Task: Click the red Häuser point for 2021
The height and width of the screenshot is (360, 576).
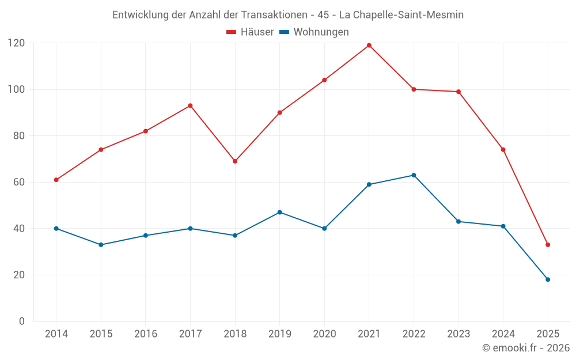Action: click(369, 46)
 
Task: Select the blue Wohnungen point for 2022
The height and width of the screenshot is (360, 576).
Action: click(414, 175)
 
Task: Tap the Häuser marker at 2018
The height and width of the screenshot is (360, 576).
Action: click(235, 161)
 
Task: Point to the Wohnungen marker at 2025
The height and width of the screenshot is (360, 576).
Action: click(548, 279)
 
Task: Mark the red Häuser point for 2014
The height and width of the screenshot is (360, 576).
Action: click(56, 180)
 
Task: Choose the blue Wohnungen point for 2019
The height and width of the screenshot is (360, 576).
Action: click(280, 213)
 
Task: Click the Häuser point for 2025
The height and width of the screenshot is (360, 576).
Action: click(548, 245)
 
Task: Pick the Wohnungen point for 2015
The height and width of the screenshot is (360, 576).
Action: click(101, 245)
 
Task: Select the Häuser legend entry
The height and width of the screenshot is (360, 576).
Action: click(250, 32)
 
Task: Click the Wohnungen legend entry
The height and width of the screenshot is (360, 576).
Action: click(314, 32)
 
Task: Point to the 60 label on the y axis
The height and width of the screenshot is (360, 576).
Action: click(19, 182)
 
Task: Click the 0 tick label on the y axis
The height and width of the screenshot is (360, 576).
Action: click(22, 321)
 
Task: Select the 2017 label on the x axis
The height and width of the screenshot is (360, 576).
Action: click(190, 334)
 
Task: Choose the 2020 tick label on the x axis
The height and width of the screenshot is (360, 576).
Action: click(324, 334)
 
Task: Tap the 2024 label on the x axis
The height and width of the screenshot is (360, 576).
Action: click(503, 334)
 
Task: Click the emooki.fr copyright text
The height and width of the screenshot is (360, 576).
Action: click(526, 348)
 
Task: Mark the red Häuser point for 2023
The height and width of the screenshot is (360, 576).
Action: click(458, 92)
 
